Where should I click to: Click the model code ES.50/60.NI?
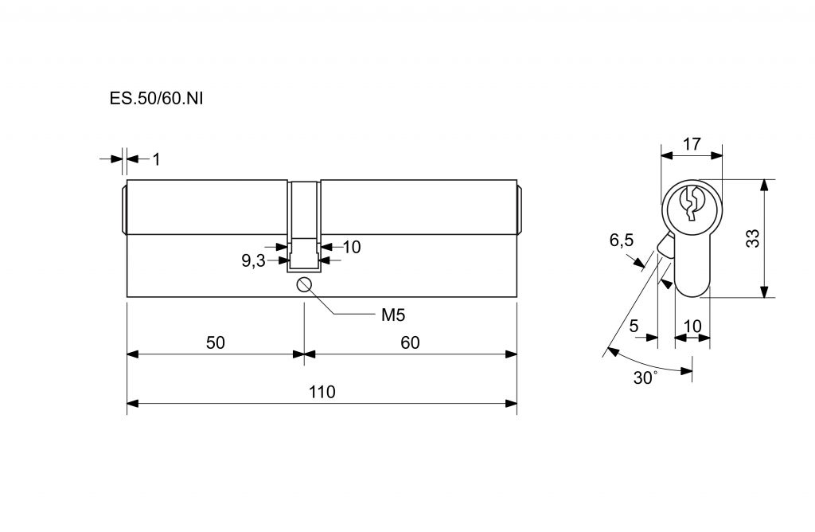pyautogui.click(x=151, y=99)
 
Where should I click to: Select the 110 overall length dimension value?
pyautogui.click(x=322, y=392)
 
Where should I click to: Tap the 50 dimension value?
pyautogui.click(x=215, y=342)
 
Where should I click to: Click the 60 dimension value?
pyautogui.click(x=410, y=342)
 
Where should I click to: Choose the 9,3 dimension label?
pyautogui.click(x=253, y=260)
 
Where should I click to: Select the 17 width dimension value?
pyautogui.click(x=692, y=144)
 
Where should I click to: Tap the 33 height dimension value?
pyautogui.click(x=752, y=239)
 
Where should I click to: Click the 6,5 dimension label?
pyautogui.click(x=621, y=241)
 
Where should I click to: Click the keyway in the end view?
pyautogui.click(x=692, y=203)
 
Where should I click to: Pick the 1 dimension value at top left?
pyautogui.click(x=156, y=159)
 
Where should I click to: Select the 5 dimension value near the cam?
pyautogui.click(x=634, y=326)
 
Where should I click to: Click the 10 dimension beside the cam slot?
pyautogui.click(x=352, y=247)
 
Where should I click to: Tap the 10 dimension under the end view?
pyautogui.click(x=692, y=326)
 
